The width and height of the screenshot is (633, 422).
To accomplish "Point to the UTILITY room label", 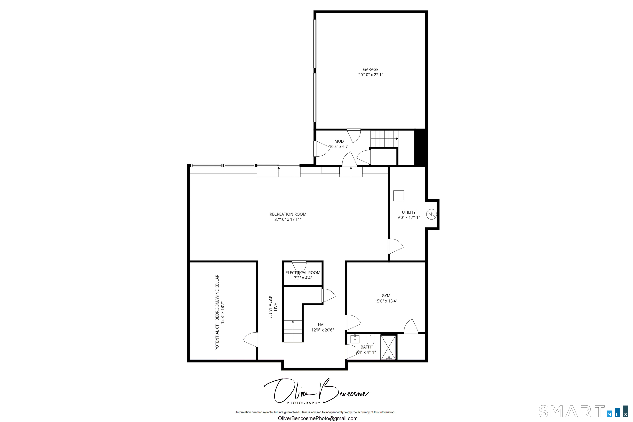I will click(x=409, y=212).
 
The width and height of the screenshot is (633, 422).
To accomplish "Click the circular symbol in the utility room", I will click(x=431, y=215).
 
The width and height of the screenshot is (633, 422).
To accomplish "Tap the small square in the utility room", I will click(x=398, y=196).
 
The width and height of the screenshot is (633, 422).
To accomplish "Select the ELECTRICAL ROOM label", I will click(x=303, y=273).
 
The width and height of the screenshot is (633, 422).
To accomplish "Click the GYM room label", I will click(x=386, y=295).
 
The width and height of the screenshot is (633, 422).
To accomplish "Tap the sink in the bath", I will click(x=355, y=339).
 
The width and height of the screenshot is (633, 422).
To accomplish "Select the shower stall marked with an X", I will click(x=388, y=347).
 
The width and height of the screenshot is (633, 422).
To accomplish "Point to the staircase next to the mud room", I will click(x=384, y=139).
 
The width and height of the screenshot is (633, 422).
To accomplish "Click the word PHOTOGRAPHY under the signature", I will click(x=303, y=403).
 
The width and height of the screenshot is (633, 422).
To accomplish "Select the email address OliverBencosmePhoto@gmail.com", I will click(x=318, y=418).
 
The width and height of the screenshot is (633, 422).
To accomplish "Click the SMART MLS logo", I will click(x=583, y=411).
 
